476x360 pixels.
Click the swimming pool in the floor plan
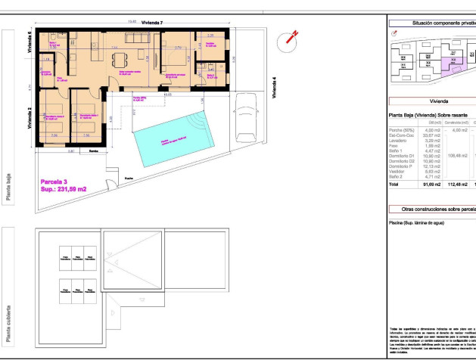(x=170, y=139)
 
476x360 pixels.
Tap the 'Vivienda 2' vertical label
(x=30, y=118)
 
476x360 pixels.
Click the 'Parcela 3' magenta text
(x=55, y=182)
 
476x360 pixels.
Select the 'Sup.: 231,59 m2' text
(x=64, y=189)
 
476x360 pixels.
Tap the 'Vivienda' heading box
(x=439, y=100)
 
